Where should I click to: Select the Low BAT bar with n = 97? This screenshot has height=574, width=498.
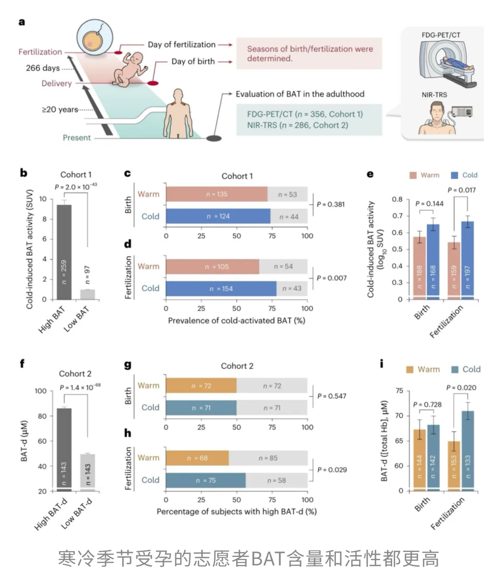tap(88, 294)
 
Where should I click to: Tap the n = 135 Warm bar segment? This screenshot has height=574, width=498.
tap(217, 194)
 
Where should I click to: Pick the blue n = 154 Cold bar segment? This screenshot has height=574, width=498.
tap(221, 289)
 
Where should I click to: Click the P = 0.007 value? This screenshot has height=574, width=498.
tap(331, 278)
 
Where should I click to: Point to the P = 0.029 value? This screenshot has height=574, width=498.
tap(332, 470)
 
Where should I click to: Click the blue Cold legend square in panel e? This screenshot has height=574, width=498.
tap(454, 176)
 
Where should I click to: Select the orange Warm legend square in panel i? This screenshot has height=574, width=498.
tap(410, 369)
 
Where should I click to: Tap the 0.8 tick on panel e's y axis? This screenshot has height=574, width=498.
tap(397, 199)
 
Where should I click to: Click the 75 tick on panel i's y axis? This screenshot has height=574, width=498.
tap(399, 391)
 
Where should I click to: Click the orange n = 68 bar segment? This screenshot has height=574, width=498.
tap(197, 458)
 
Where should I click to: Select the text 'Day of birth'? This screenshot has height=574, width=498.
tap(193, 61)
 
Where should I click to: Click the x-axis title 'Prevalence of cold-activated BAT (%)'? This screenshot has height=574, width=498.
tap(237, 321)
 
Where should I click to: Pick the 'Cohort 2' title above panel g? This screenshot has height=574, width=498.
tap(237, 366)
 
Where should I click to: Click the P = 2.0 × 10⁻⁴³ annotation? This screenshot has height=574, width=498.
tap(76, 187)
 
